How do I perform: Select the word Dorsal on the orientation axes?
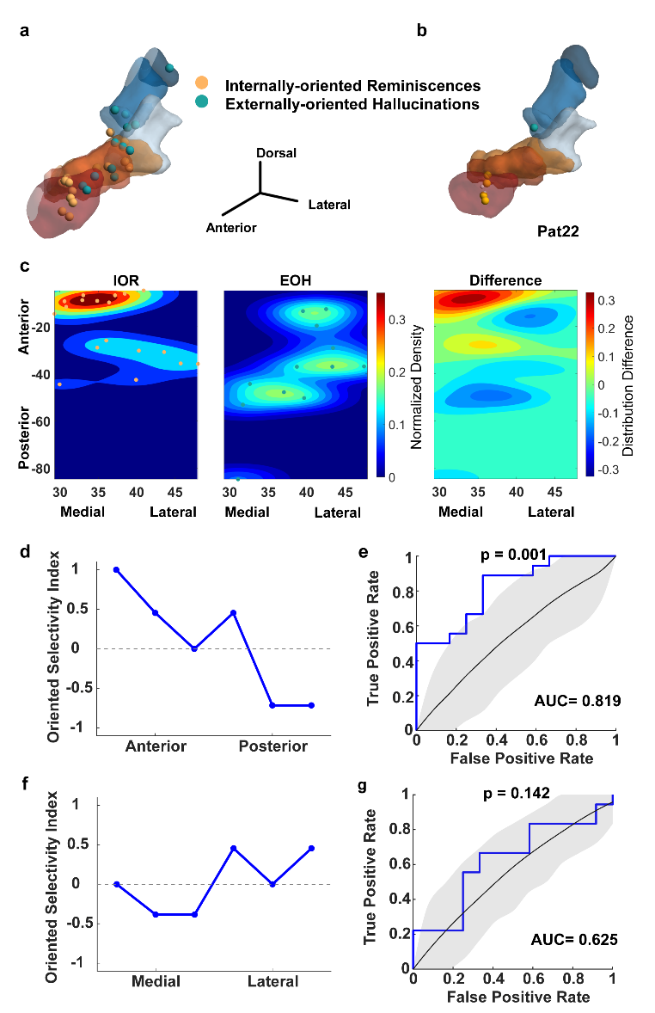click(277, 153)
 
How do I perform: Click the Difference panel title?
click(505, 280)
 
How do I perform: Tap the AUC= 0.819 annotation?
click(573, 702)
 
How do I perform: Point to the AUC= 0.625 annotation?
click(573, 939)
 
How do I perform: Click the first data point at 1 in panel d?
click(116, 569)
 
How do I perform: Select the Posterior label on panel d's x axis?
click(272, 746)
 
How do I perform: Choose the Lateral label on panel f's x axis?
click(272, 981)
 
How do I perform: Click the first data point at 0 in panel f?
click(117, 884)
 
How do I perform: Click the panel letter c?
click(25, 267)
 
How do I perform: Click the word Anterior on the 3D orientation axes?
click(231, 228)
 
